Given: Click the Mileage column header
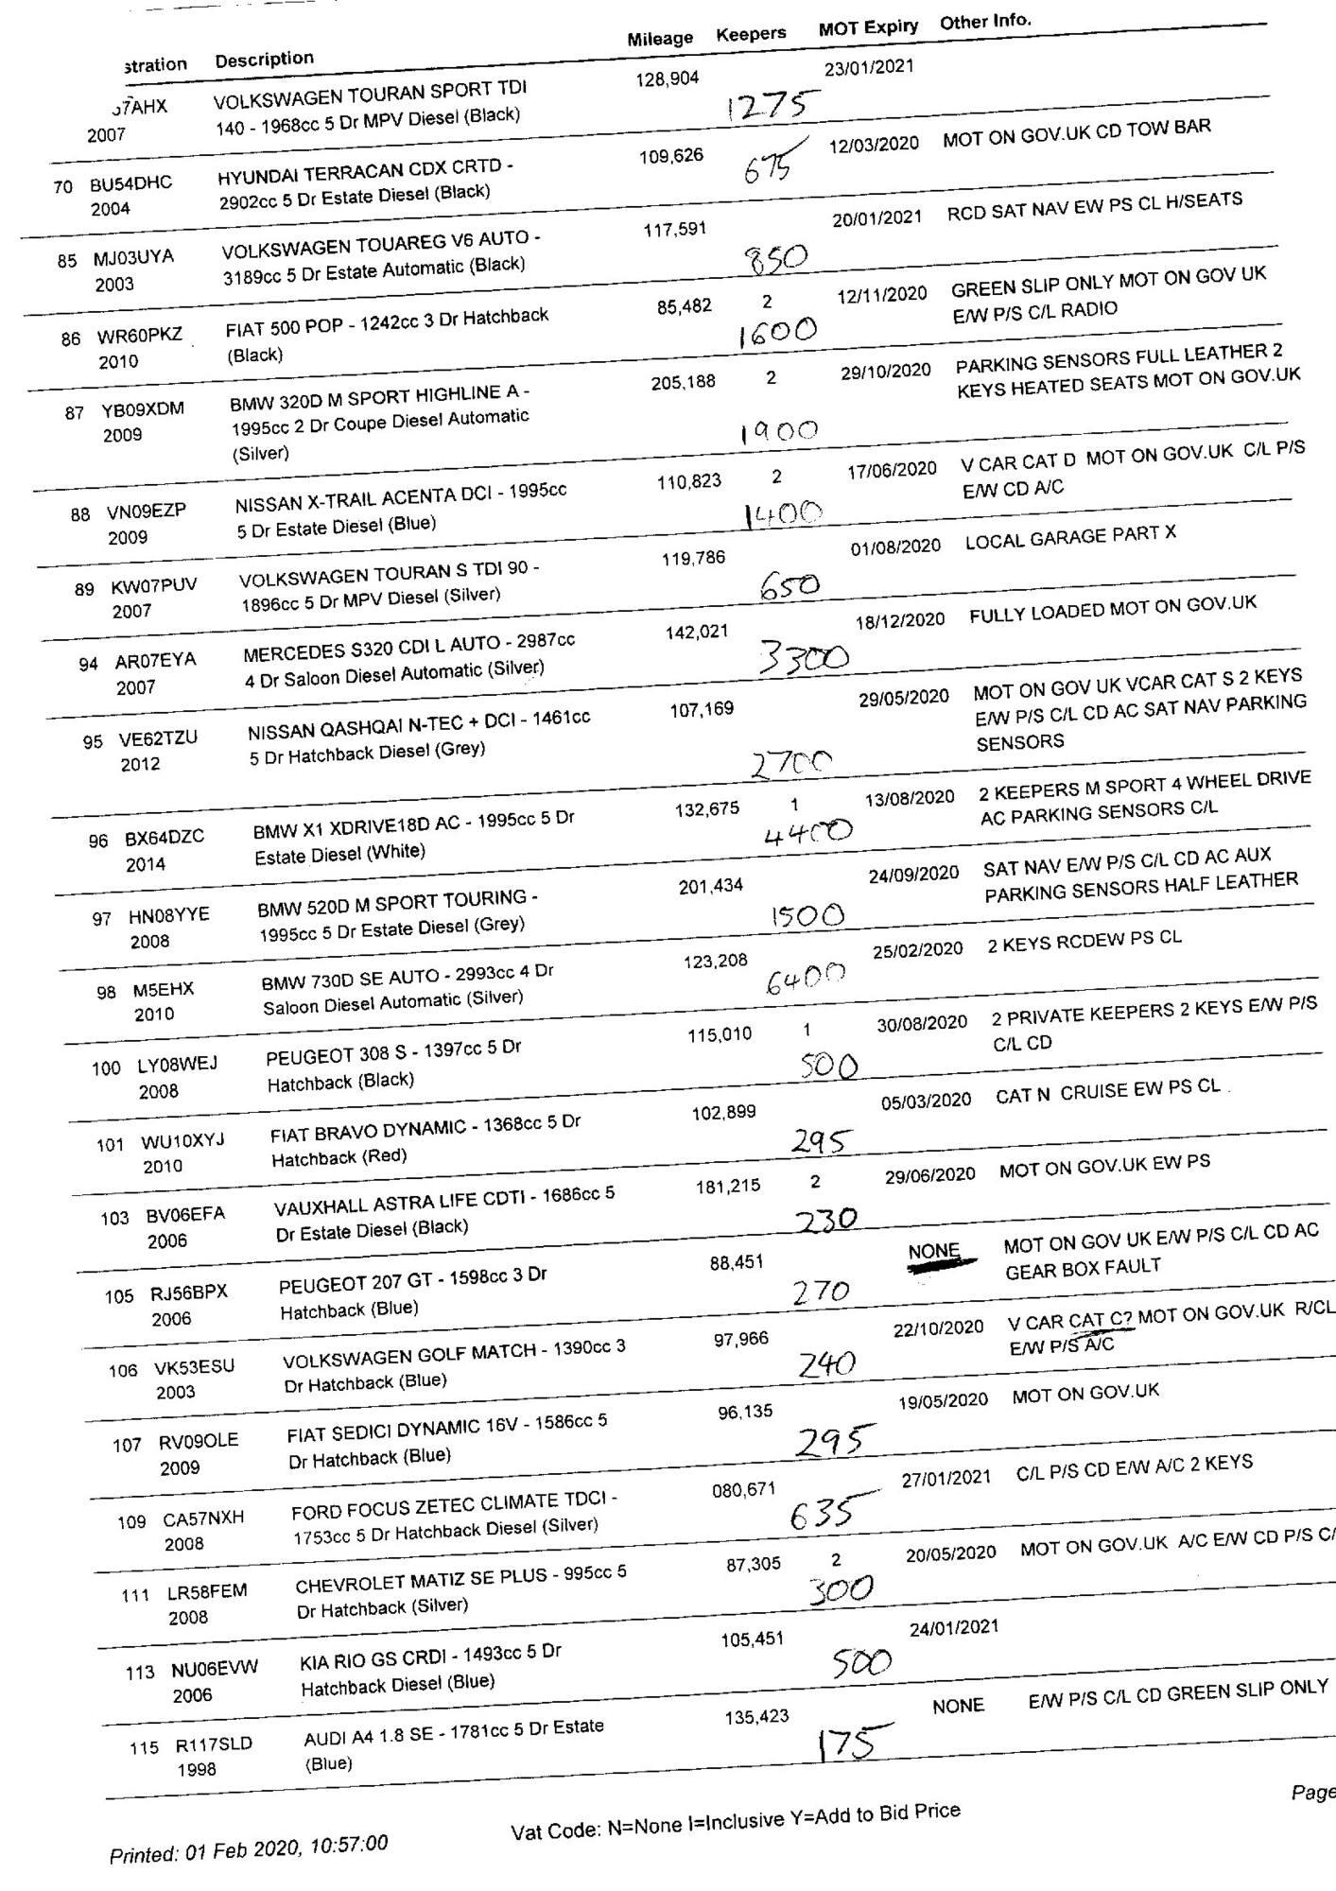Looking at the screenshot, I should (x=660, y=38).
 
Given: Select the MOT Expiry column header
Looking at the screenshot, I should (x=868, y=27).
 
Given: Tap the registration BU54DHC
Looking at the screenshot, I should (x=130, y=183).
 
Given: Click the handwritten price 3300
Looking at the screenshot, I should (x=804, y=657).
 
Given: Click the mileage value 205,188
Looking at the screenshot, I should (x=683, y=383).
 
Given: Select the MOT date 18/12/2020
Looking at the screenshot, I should (x=899, y=620).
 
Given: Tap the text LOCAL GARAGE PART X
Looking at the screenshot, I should (x=1070, y=537).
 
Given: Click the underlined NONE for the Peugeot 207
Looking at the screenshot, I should (x=933, y=1252).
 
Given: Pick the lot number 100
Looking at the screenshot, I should (x=106, y=1068).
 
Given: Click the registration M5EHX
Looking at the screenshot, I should (x=163, y=990).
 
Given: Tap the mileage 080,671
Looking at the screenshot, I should (x=743, y=1490).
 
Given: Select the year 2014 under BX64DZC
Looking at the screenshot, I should (x=145, y=864).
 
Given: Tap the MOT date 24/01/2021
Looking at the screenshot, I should (x=953, y=1627).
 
